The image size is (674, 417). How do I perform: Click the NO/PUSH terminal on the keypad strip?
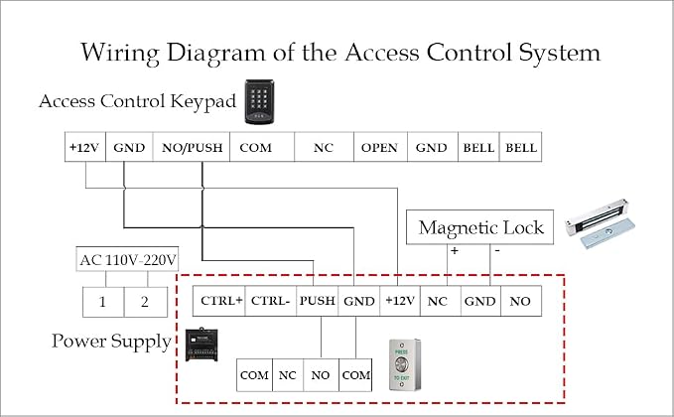[192, 147]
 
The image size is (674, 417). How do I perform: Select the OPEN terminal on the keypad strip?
[380, 147]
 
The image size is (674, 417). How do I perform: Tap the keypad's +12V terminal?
[85, 147]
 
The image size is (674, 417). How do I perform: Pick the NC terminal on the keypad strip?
[325, 147]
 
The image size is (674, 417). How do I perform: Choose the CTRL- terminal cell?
[270, 301]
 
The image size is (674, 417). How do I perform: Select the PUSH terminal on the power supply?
[318, 301]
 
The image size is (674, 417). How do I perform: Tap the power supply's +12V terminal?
[400, 301]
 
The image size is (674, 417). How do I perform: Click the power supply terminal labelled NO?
[520, 301]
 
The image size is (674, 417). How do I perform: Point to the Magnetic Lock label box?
[479, 227]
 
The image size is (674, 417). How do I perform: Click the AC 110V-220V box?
[127, 259]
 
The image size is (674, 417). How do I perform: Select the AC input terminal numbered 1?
[103, 302]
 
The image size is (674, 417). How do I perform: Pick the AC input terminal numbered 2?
[146, 302]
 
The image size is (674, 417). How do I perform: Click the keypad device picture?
[260, 102]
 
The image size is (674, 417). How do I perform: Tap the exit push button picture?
[404, 365]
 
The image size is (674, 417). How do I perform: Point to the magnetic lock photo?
[601, 223]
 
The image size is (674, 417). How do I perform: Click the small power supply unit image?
[202, 345]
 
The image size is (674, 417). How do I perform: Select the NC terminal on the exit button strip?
[288, 375]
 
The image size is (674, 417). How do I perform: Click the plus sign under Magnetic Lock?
[455, 250]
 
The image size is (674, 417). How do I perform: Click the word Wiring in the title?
[120, 54]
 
